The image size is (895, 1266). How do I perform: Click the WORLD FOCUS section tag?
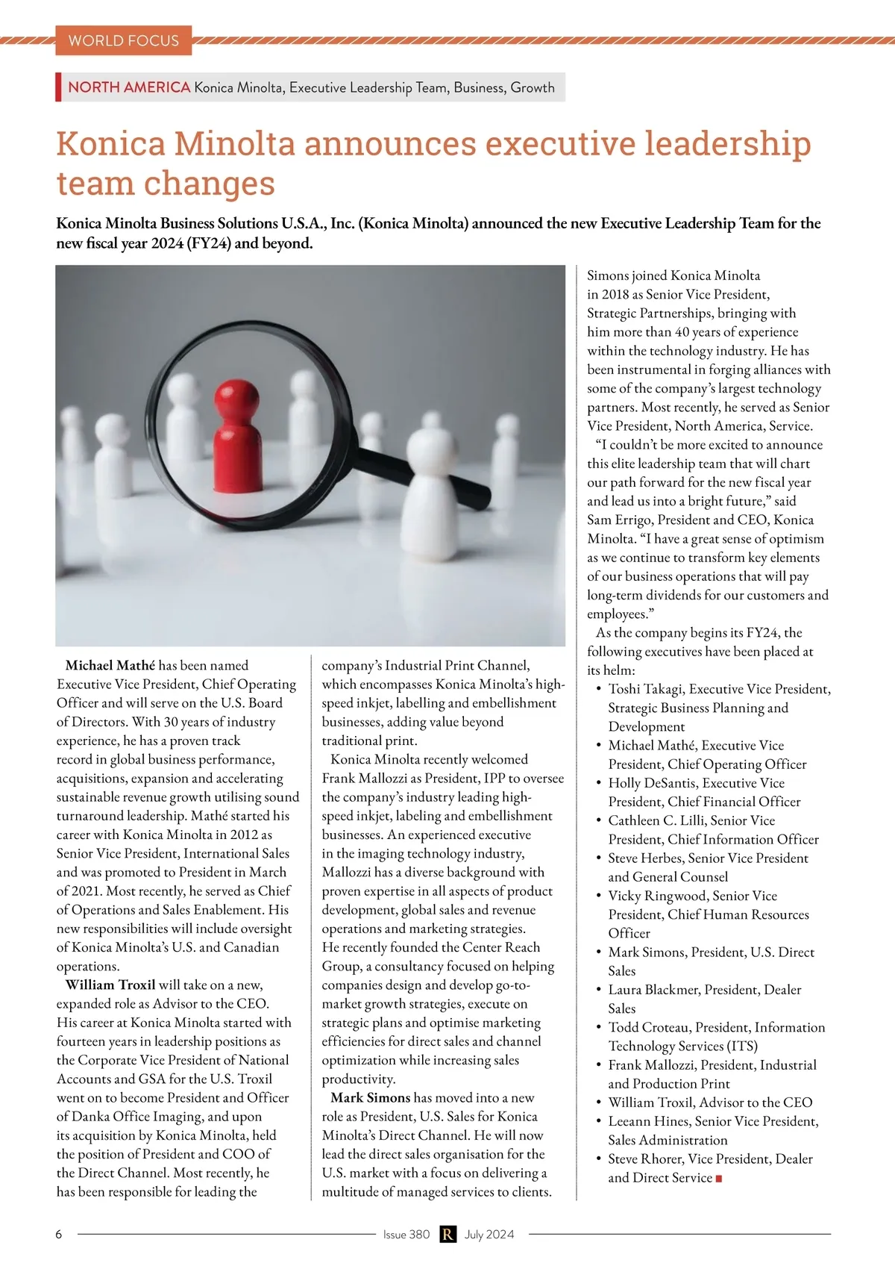(123, 40)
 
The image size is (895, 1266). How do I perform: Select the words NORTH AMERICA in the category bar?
(129, 87)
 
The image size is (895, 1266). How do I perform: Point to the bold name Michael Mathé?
(110, 665)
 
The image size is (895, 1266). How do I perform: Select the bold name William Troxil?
(110, 985)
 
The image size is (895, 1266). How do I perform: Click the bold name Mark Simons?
(370, 1097)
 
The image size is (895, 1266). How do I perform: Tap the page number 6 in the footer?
(59, 1234)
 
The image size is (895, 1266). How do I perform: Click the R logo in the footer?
(447, 1234)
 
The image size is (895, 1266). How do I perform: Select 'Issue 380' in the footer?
(406, 1234)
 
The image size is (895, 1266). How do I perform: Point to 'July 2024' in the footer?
(489, 1234)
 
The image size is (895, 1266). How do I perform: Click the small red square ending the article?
(719, 1179)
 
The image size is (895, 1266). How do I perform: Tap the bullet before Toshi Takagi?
(598, 689)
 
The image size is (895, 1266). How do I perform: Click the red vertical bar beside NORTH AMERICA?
(58, 87)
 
